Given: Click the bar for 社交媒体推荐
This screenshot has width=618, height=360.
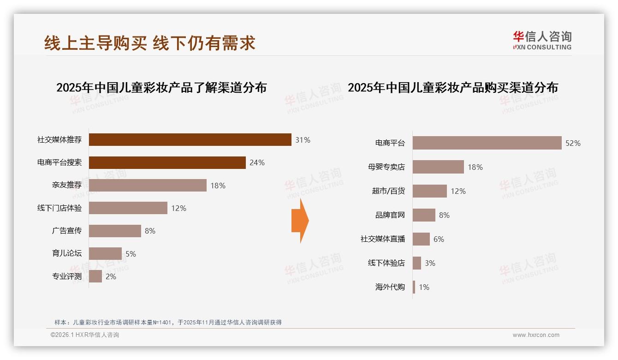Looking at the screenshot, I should point(190,140).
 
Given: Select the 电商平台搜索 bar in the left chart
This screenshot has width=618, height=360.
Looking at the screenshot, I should point(167,162).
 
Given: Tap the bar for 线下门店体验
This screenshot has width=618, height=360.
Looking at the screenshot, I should point(128,208).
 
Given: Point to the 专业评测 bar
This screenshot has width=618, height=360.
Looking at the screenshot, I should point(95,276).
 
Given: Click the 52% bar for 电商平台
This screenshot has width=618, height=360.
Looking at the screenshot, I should point(487,143).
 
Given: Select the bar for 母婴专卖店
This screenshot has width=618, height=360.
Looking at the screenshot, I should point(438,167).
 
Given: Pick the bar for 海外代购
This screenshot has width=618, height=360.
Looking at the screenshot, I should point(414,287).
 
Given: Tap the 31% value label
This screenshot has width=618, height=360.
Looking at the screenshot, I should point(303,140).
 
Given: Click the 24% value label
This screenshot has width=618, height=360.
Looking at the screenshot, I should point(257,162).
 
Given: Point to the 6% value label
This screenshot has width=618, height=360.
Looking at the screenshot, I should point(439,239).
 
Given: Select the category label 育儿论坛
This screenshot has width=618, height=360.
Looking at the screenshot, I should point(67,254).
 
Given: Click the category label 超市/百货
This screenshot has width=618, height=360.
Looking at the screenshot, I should point(388,191).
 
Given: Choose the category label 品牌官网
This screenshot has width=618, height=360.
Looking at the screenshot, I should point(390,215).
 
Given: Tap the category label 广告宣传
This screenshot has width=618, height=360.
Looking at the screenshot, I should point(67,231).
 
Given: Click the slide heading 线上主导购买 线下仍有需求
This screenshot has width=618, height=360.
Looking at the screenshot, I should point(150,43).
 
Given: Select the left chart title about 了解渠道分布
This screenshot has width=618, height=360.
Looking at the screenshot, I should point(161,88).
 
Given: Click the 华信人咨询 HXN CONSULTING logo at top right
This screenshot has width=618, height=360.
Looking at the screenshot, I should point(542,41).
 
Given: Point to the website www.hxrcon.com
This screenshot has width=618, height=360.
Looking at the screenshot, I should point(536,335).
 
